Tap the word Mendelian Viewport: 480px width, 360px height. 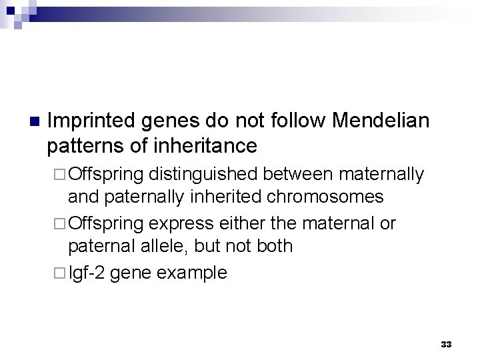click(380, 121)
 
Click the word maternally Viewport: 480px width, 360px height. click(381, 175)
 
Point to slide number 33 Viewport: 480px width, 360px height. click(446, 345)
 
